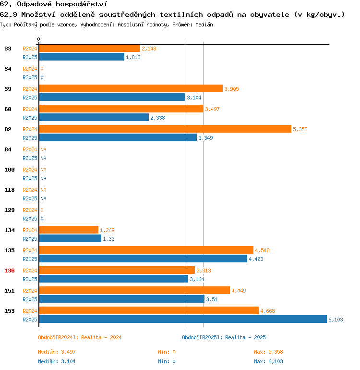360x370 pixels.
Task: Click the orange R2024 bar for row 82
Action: (x=165, y=129)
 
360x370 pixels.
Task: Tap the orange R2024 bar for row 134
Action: (x=69, y=230)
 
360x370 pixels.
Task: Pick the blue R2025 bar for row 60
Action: (x=94, y=117)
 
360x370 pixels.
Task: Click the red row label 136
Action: (x=10, y=271)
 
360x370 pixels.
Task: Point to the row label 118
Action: (x=10, y=190)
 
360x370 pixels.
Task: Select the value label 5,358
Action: (x=300, y=129)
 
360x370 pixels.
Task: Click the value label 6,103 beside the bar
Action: (x=336, y=320)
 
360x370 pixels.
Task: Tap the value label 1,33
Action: (x=108, y=239)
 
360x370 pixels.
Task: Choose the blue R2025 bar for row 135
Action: (x=143, y=259)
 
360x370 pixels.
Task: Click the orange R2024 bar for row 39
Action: (x=131, y=88)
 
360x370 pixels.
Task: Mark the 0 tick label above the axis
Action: (x=39, y=39)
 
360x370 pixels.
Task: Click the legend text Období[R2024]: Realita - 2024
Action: (x=80, y=337)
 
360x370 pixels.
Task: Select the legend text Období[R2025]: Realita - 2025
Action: (x=224, y=337)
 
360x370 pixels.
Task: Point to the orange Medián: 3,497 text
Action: (x=57, y=352)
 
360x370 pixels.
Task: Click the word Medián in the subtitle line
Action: (x=204, y=24)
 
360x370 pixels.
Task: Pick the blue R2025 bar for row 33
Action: (x=82, y=57)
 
